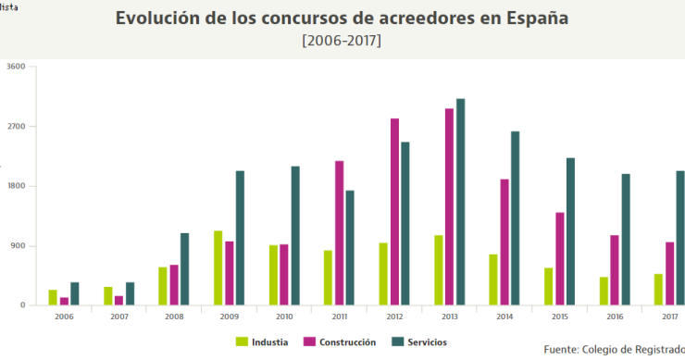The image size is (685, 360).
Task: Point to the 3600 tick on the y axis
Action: point(16,67)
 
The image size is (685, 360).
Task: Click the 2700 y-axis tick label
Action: point(16,127)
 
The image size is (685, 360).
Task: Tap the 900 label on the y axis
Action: point(19,246)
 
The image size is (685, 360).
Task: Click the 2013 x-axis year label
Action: point(449,316)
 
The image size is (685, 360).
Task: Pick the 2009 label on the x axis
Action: point(229,316)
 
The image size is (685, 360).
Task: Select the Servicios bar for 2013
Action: point(460,202)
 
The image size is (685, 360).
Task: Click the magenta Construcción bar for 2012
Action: point(394,212)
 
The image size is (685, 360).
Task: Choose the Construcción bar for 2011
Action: point(339,233)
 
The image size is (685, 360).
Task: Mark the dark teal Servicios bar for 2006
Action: point(75,293)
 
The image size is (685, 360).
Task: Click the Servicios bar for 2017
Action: point(680,238)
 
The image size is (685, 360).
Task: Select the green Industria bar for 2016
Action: point(604,291)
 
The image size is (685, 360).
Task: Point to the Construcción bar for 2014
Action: point(504,242)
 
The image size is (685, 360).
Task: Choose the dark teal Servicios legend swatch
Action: point(397,342)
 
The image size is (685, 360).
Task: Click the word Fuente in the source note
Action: point(561,349)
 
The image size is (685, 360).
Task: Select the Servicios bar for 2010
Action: point(295,235)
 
